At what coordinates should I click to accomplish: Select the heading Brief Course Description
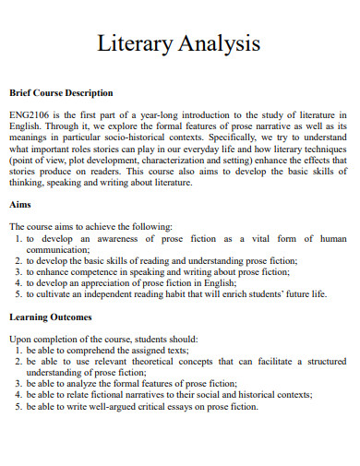point(61,93)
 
